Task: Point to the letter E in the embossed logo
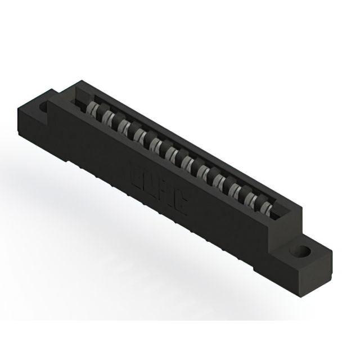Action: (x=136, y=170)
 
